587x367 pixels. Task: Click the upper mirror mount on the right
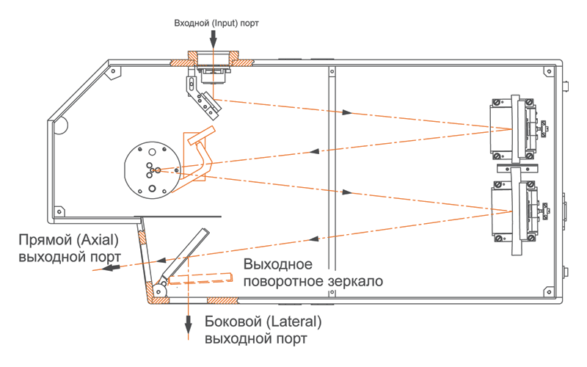(514, 128)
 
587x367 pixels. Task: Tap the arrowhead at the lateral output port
(188, 324)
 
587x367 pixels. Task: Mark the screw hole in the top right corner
(546, 70)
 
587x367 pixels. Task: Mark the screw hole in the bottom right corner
(546, 291)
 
